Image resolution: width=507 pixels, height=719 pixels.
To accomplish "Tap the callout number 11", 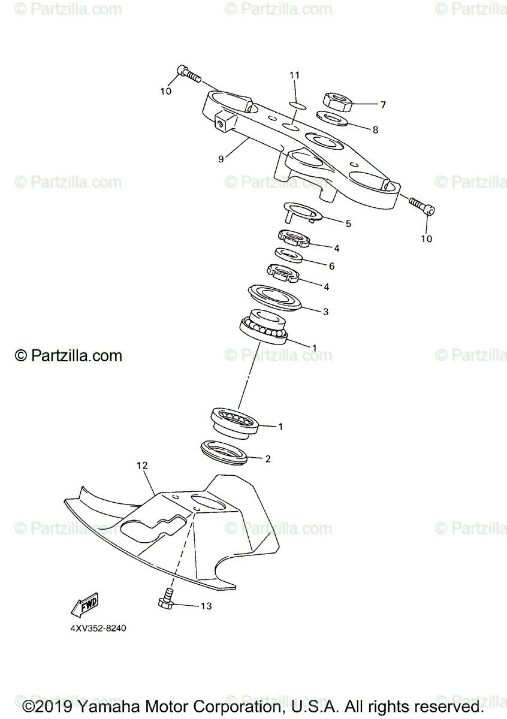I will coord(294,75).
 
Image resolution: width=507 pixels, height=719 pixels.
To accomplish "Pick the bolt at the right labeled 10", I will coord(421,207).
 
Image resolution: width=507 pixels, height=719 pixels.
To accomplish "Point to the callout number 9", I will coord(221,159).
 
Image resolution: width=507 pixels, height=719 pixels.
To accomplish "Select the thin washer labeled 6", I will coord(288,256).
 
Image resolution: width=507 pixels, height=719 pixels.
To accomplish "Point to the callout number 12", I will coord(141,465).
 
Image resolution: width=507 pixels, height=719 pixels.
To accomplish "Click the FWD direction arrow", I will coord(84,606).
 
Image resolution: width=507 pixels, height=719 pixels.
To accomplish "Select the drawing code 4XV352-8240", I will coord(97,629).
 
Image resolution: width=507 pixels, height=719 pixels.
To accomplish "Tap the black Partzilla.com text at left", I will coord(68,356).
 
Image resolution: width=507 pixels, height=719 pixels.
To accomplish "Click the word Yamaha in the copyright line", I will coord(108,707).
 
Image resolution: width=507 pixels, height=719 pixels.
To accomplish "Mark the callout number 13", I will coord(205,606).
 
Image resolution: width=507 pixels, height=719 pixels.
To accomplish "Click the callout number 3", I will coord(325,312).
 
